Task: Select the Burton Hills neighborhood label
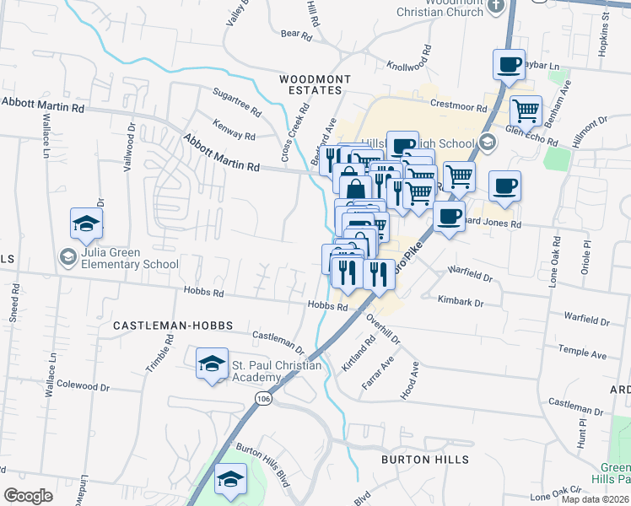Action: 424,460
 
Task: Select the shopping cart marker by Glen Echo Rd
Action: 526,110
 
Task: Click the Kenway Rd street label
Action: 234,134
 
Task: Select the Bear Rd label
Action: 296,35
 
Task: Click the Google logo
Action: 28,496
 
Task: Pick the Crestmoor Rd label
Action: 459,108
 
